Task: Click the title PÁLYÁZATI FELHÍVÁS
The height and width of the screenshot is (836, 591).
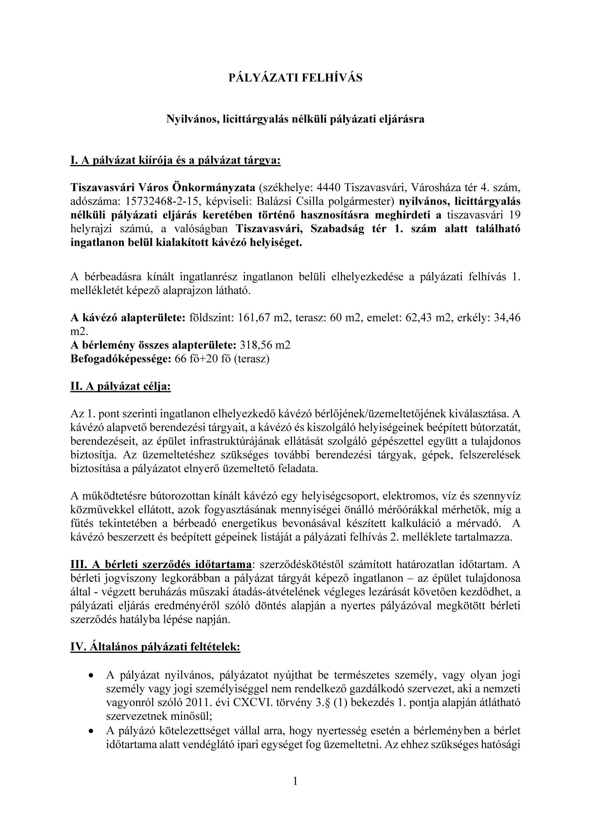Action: point(295,78)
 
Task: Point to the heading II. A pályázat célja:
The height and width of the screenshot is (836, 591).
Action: point(120,386)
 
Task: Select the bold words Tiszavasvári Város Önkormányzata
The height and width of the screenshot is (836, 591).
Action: point(163,187)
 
